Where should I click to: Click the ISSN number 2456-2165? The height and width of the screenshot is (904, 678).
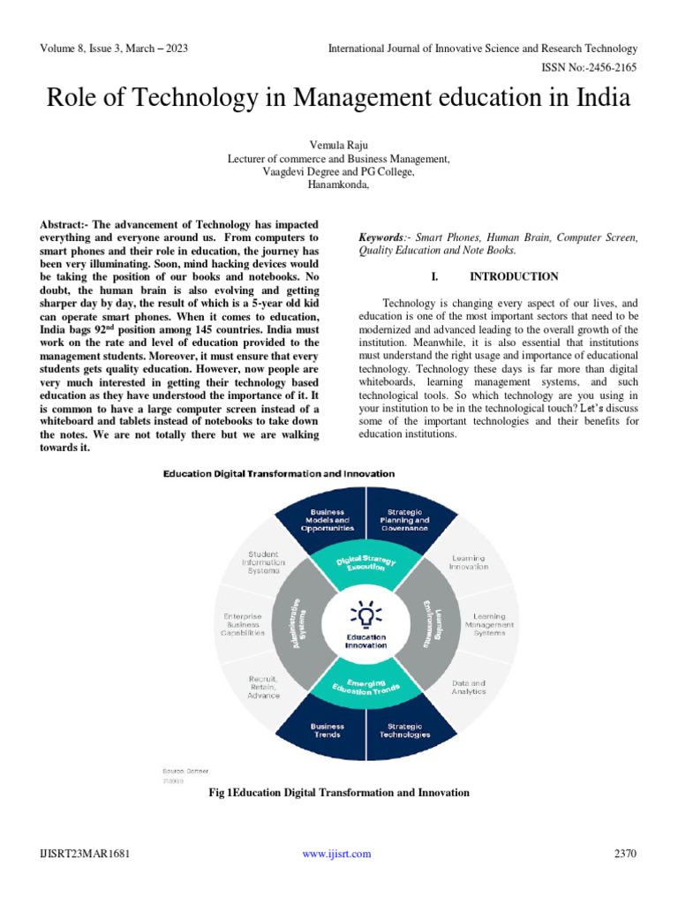tap(608, 67)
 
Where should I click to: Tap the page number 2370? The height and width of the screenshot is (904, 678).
tap(624, 854)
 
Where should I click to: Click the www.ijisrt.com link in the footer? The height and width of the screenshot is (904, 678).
tap(336, 854)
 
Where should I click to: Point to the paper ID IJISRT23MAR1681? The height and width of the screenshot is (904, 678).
tap(79, 854)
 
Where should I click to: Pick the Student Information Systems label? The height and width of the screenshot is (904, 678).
tap(262, 562)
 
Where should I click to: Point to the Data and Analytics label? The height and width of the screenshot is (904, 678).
tap(469, 687)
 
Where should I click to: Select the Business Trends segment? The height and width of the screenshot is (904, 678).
tap(326, 730)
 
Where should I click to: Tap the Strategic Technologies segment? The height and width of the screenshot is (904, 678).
tap(405, 730)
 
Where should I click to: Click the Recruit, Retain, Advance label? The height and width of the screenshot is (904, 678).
tap(264, 687)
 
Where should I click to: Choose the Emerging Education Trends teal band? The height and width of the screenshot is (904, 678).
tap(365, 685)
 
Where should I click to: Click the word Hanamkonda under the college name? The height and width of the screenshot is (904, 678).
tap(338, 185)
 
